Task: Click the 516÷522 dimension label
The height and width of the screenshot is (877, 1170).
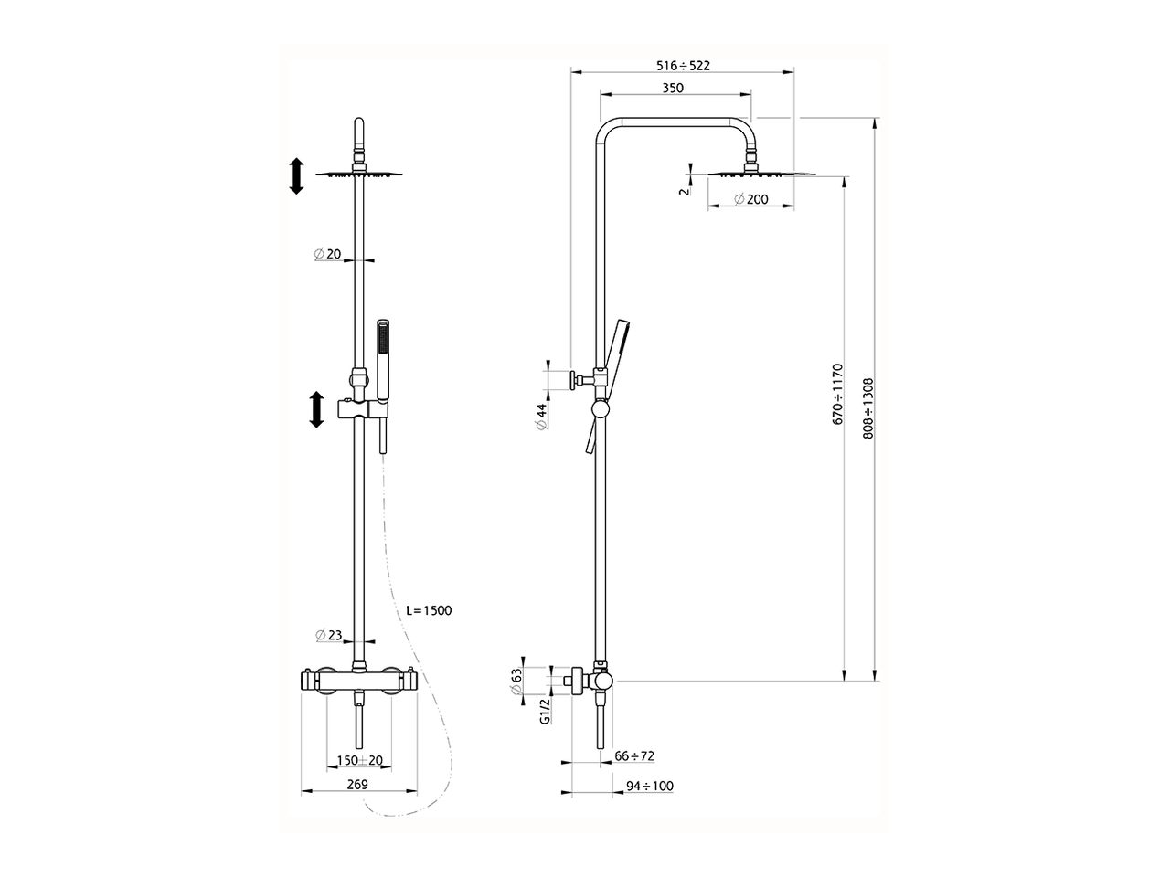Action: point(683,66)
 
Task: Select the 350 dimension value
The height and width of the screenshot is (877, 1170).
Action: point(673,88)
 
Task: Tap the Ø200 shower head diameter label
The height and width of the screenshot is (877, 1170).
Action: point(751,199)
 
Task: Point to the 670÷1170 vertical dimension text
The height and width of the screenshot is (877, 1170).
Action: point(838,394)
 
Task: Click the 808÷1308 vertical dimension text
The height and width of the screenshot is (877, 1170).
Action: point(868,408)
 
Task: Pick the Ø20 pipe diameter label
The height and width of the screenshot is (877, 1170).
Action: point(327,254)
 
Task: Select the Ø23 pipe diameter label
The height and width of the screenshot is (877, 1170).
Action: point(328,635)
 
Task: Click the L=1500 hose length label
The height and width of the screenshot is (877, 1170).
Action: point(429,610)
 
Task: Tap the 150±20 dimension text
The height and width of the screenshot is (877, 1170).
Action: point(360,760)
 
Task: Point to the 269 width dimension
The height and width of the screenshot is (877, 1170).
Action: point(357,785)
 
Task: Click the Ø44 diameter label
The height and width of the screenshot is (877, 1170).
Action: point(541,417)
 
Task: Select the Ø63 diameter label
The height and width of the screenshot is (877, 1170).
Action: point(516,682)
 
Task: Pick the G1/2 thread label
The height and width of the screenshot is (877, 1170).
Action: point(544,712)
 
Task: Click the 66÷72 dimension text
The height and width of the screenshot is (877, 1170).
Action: point(634,755)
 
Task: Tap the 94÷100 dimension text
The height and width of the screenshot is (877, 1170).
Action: point(650,786)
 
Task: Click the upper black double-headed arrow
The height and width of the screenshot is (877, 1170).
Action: point(296,176)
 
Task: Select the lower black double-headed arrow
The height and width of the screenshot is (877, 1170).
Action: point(316,409)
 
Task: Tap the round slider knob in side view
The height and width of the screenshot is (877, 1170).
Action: point(601,409)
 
